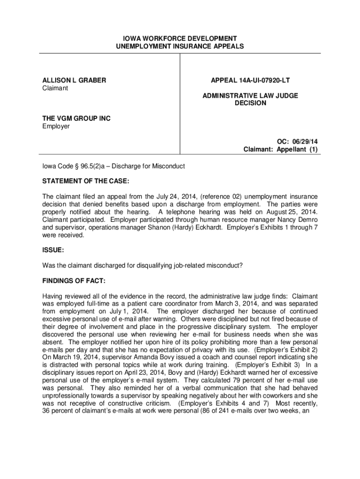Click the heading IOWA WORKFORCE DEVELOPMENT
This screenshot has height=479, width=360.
coord(180,38)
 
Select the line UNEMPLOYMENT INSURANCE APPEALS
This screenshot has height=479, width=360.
coord(180,46)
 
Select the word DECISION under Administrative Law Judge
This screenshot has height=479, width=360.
coord(250,103)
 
